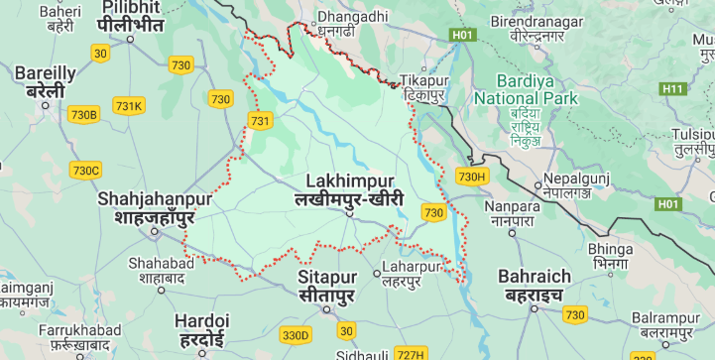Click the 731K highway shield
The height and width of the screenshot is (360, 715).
[x=128, y=106]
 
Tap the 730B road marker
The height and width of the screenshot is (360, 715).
[x=84, y=114]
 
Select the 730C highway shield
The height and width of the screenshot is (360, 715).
[x=85, y=170]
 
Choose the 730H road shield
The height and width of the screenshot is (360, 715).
[x=473, y=177]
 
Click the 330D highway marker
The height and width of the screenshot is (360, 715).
[x=296, y=335]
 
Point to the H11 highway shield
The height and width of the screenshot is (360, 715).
[x=673, y=88]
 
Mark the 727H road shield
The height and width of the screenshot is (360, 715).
[x=410, y=354]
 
